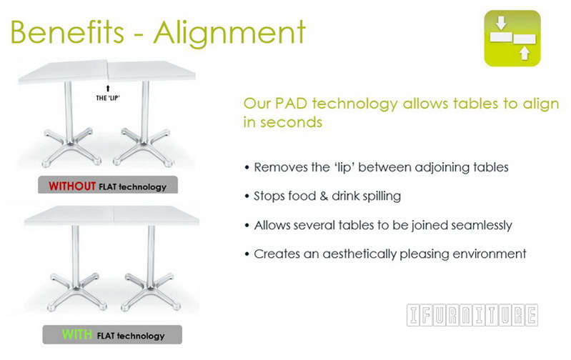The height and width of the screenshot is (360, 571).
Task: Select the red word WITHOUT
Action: click(x=71, y=187)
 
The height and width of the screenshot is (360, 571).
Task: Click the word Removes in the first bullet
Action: click(x=279, y=167)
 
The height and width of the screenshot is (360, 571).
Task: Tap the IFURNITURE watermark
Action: click(x=472, y=315)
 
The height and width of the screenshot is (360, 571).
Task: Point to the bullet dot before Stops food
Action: click(x=247, y=196)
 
